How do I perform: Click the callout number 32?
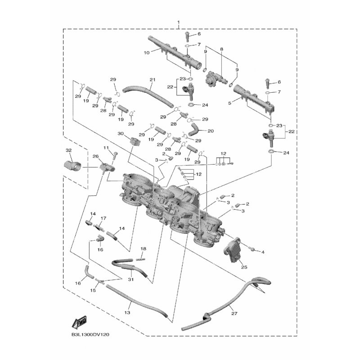(x=68, y=150)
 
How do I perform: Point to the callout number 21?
(x=152, y=80)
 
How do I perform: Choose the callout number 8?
(x=221, y=49)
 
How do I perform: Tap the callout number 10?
(x=146, y=52)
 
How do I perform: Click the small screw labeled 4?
(x=252, y=249)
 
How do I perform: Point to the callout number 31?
(x=130, y=279)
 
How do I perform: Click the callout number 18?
(x=144, y=248)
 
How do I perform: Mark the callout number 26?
(x=95, y=156)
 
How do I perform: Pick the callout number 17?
(x=103, y=218)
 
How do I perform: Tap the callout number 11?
(x=106, y=148)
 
